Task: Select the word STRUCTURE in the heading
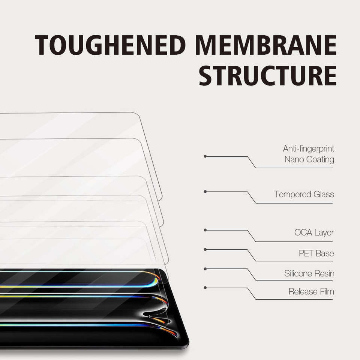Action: (268, 75)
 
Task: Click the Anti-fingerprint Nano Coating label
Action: (309, 154)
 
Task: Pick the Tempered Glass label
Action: (304, 194)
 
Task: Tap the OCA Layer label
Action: (314, 232)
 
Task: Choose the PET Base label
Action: (316, 253)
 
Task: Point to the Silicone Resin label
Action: (309, 273)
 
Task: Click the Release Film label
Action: (311, 291)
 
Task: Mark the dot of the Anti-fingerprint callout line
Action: (205, 156)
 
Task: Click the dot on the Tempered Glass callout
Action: (205, 192)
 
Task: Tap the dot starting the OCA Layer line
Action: (205, 230)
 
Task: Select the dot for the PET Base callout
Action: (205, 250)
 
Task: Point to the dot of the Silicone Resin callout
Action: (205, 269)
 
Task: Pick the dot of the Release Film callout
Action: (205, 288)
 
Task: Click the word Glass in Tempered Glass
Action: (324, 194)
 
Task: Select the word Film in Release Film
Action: (327, 291)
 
